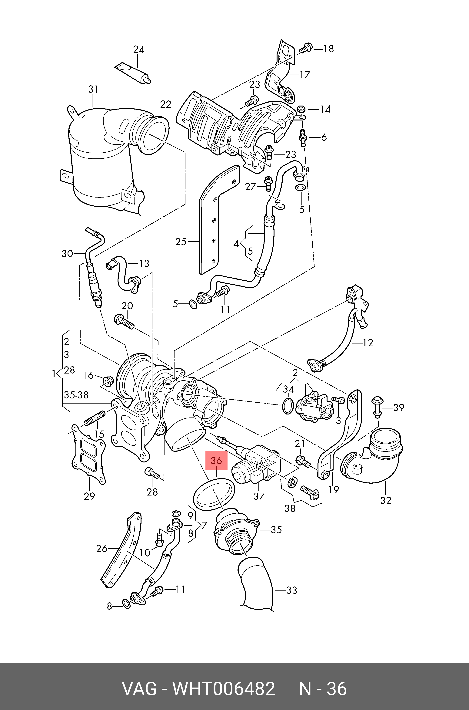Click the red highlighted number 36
tap(216, 460)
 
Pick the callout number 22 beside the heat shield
tap(165, 104)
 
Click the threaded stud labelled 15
tap(95, 418)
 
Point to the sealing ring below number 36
tap(214, 495)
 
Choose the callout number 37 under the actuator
tap(259, 496)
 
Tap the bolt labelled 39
tap(377, 406)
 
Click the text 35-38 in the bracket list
tap(76, 395)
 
